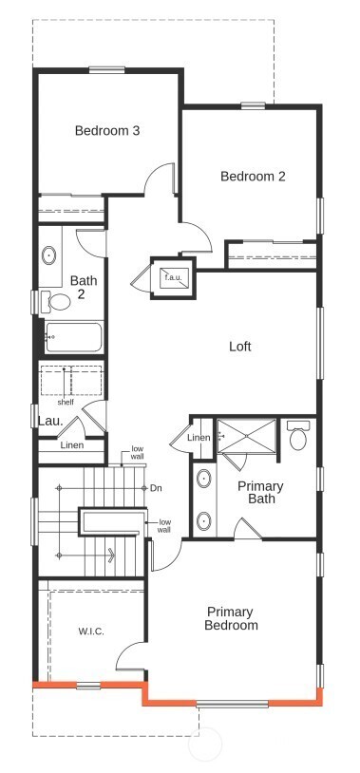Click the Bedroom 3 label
(x=108, y=131)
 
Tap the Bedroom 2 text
(x=253, y=176)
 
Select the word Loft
(x=240, y=347)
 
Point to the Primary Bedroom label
(x=231, y=619)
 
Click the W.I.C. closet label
(x=92, y=631)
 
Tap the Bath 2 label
(x=84, y=287)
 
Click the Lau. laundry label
(x=49, y=421)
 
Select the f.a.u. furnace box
(x=172, y=277)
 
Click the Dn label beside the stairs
(x=157, y=488)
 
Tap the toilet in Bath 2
(x=59, y=303)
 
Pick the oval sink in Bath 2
(x=49, y=255)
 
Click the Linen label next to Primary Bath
(x=198, y=438)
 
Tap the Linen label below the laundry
(x=71, y=445)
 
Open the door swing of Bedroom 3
(x=161, y=183)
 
